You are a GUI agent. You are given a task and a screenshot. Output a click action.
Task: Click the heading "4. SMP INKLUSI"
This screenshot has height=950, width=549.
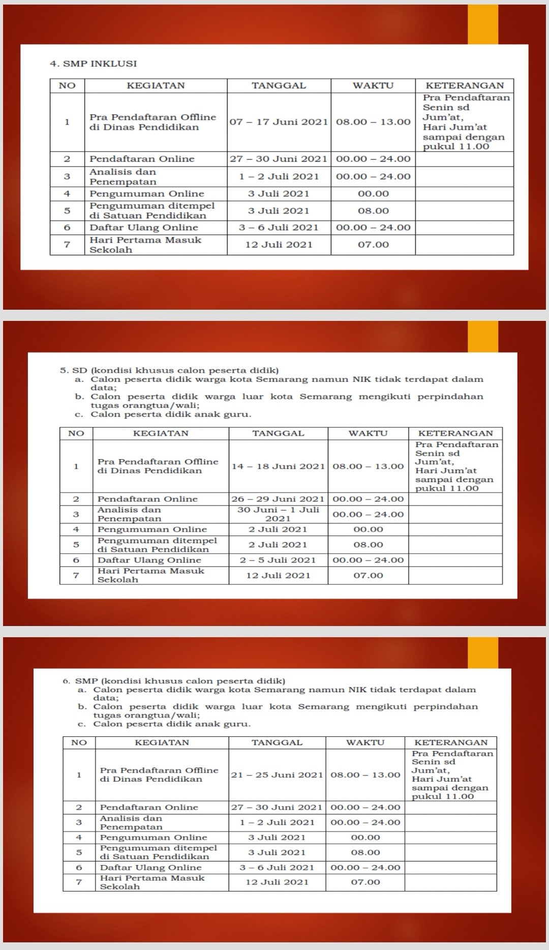click(94, 64)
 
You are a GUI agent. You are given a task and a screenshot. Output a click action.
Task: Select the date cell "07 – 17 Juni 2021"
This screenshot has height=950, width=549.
click(279, 122)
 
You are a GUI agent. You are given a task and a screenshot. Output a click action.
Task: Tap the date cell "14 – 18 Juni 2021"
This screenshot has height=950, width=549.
click(278, 466)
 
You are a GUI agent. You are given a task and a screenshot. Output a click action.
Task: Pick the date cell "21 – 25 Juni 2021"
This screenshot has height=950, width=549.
click(277, 775)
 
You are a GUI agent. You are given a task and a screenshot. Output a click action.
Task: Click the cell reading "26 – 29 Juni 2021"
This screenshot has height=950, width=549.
click(278, 499)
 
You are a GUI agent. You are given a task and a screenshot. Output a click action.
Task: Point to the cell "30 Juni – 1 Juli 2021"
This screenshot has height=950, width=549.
click(278, 514)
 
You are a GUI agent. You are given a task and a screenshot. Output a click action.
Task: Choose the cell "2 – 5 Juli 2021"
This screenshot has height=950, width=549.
click(278, 560)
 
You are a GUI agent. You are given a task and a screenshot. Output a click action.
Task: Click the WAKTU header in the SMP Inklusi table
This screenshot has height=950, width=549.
click(373, 85)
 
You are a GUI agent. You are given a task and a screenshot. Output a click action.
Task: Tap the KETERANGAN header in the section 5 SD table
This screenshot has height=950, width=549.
click(455, 433)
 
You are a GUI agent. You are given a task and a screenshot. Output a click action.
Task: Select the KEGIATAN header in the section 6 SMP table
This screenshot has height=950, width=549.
click(162, 743)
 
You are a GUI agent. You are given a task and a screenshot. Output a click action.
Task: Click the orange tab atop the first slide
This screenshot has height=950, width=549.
click(483, 24)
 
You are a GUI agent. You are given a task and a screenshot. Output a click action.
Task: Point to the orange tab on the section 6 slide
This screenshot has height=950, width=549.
click(483, 652)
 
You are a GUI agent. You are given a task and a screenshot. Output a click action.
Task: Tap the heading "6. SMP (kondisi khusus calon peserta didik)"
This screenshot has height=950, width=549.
click(174, 681)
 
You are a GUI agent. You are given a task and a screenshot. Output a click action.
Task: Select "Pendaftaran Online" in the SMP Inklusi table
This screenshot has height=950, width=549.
click(142, 159)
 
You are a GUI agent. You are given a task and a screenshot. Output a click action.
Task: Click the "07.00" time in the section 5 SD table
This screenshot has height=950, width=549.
click(368, 575)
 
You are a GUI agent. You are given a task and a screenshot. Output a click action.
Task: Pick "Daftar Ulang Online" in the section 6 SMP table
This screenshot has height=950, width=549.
click(150, 868)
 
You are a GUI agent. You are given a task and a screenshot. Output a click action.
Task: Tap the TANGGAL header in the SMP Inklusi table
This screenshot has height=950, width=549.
click(279, 85)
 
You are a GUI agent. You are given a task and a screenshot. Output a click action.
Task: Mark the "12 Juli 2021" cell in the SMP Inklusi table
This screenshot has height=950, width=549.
click(279, 245)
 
